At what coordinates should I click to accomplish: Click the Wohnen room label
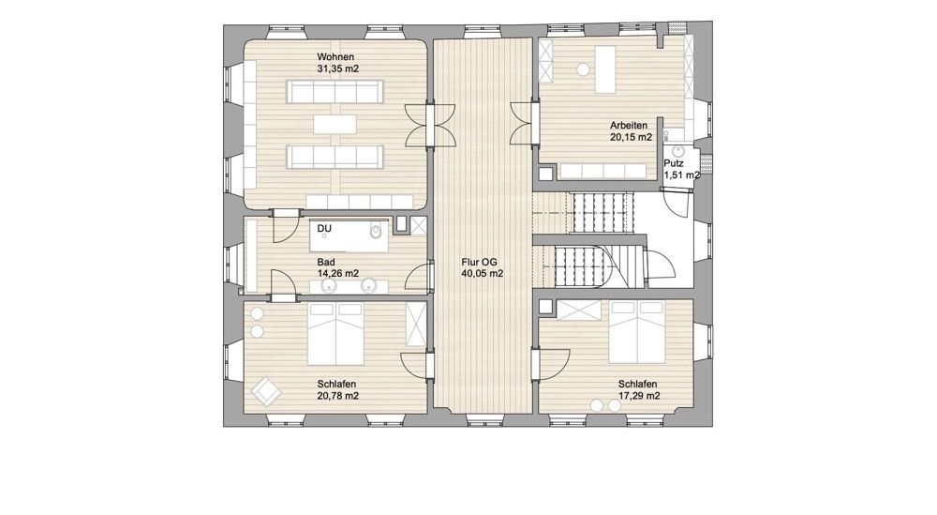coord(335,57)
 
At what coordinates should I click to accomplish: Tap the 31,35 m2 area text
coord(337,68)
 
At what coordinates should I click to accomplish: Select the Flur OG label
coord(479,262)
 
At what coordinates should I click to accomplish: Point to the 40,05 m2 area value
coord(483,274)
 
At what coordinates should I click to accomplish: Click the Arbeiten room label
coord(629,126)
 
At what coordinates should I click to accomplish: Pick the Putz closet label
coord(674,163)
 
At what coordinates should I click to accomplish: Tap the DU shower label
coord(324,229)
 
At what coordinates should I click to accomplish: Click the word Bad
coord(326,262)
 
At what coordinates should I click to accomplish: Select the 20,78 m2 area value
coord(338,395)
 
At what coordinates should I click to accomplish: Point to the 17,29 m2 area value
coord(639,396)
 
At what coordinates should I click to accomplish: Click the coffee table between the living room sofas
coord(335,125)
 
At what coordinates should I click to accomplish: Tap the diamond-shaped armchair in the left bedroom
coord(266,391)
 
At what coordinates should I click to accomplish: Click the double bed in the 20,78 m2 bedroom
coord(335,333)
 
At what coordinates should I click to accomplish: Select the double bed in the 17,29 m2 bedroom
coord(636,332)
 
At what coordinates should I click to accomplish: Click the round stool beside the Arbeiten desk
coord(583,70)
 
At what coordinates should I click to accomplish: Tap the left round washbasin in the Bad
coord(329,287)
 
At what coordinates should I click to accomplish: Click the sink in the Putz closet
coord(677,151)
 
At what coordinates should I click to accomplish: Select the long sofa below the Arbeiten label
coord(602,172)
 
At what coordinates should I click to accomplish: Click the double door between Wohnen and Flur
coord(430,125)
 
